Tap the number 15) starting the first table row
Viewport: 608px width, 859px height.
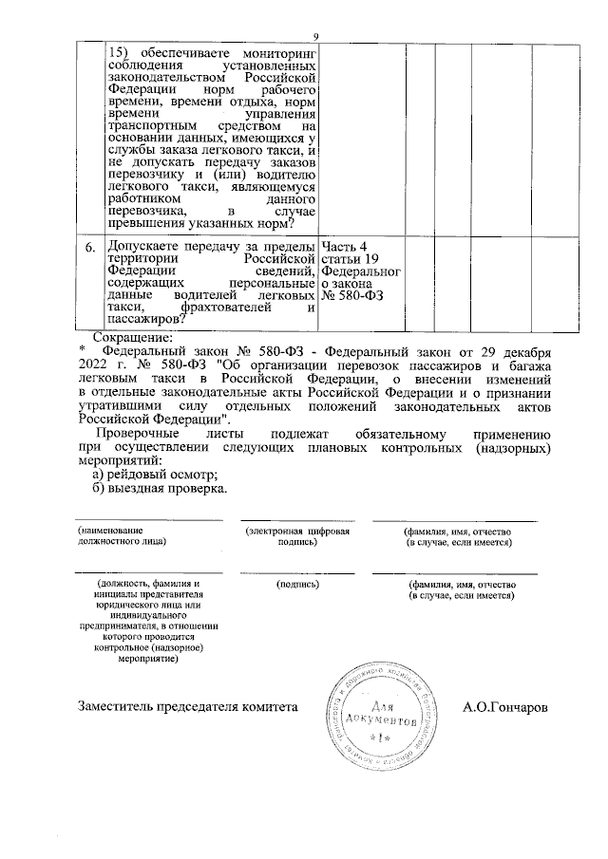tap(122, 54)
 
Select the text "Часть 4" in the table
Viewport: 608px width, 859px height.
tap(347, 248)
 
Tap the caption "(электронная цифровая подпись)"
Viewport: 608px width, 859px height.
tap(296, 535)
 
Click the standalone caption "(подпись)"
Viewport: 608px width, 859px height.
tap(296, 584)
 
